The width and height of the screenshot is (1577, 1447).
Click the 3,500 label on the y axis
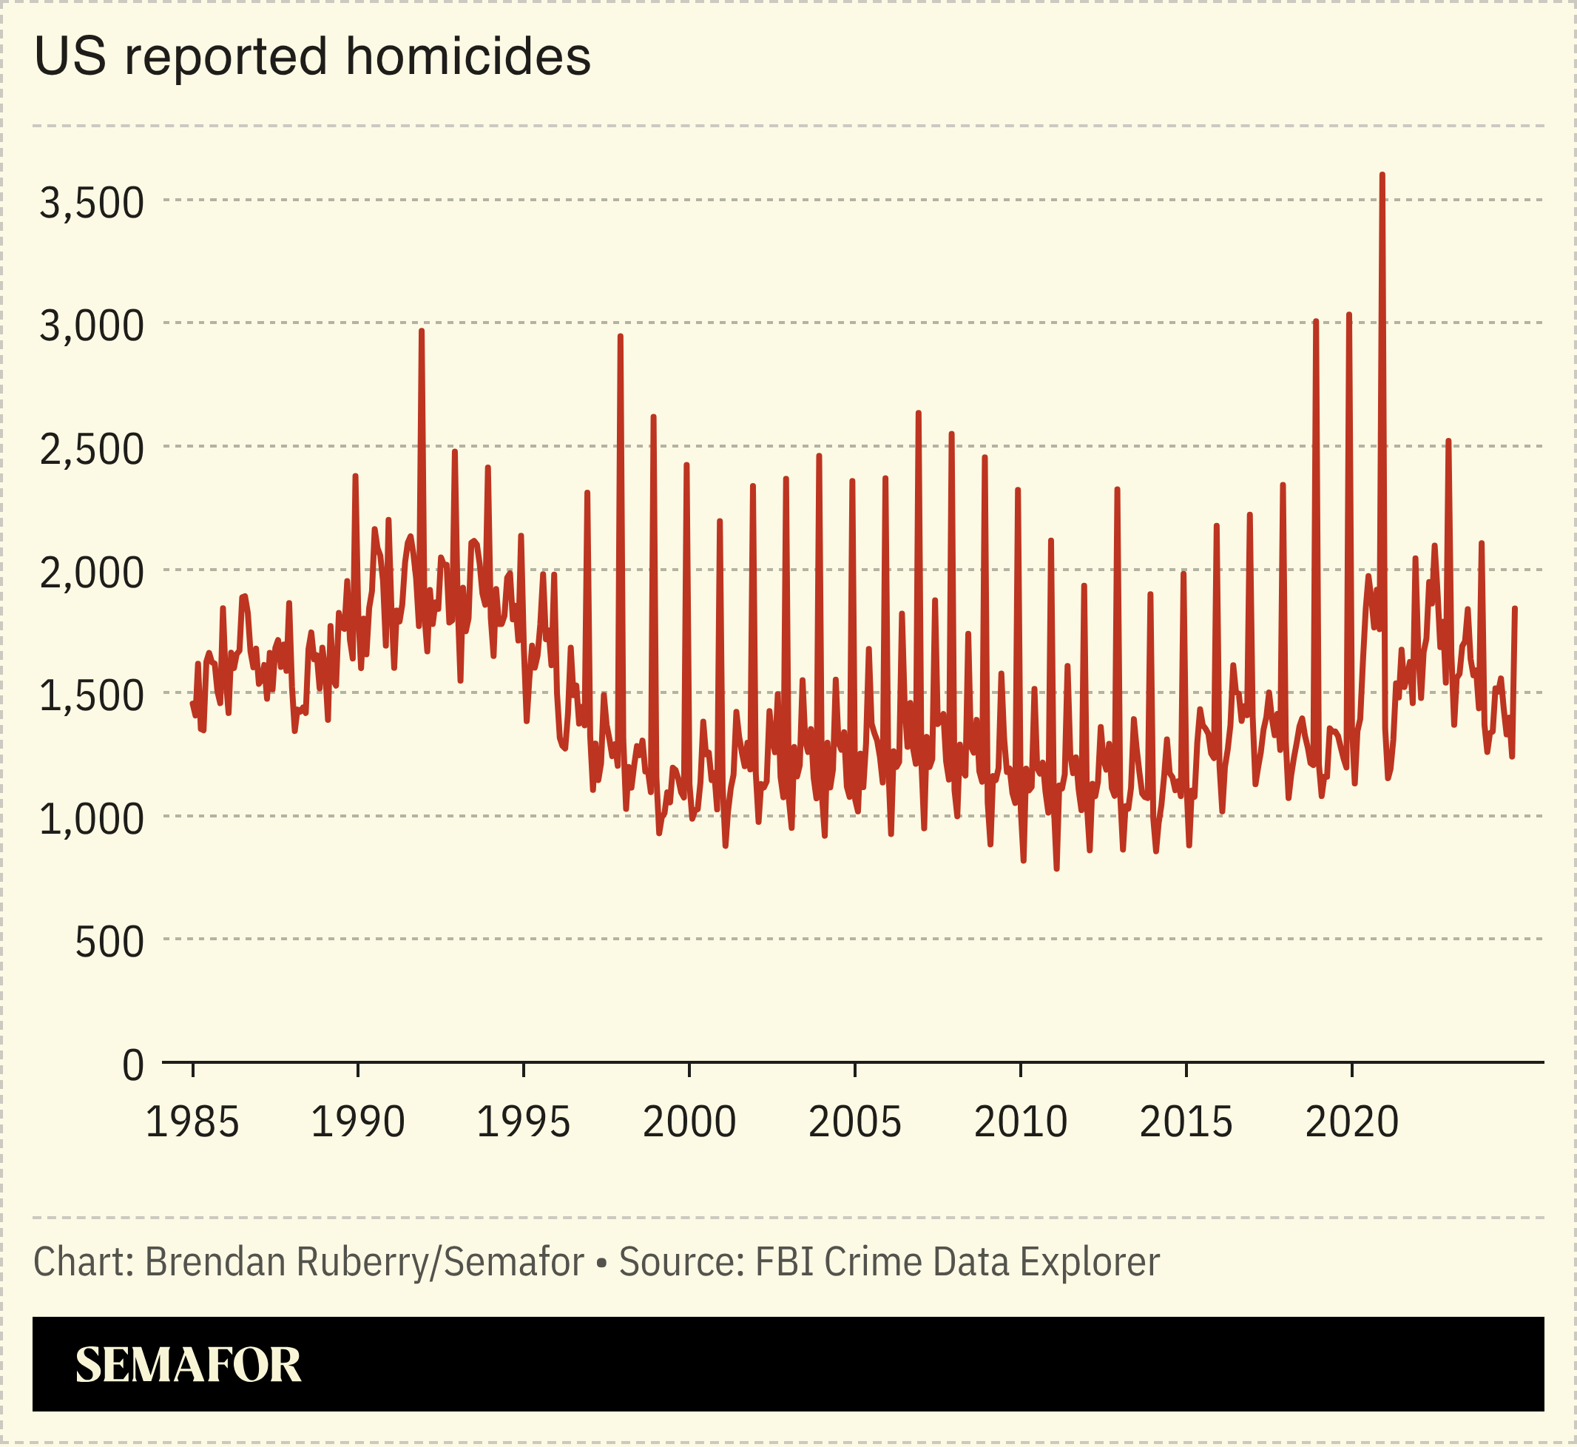(x=92, y=203)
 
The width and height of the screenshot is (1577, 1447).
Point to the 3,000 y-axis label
(x=92, y=326)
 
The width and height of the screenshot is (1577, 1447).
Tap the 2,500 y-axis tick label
(x=92, y=450)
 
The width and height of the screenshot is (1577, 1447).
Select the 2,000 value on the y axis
(x=92, y=573)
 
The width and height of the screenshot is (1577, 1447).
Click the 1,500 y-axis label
(x=92, y=695)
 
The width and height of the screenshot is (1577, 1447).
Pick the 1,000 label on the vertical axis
(x=92, y=819)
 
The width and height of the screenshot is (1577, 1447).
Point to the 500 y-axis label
(x=109, y=942)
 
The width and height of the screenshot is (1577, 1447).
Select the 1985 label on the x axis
(x=192, y=1122)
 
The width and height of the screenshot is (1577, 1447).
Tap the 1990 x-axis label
(x=358, y=1122)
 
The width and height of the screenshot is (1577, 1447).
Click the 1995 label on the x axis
(x=523, y=1122)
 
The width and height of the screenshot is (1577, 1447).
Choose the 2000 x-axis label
(x=689, y=1122)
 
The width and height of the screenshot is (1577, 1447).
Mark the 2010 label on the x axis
(x=1020, y=1122)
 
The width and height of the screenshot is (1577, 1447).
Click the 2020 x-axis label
(x=1351, y=1122)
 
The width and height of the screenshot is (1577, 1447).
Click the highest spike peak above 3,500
(x=1382, y=175)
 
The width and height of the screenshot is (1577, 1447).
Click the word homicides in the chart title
(x=468, y=57)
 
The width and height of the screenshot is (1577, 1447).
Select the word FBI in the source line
(x=784, y=1262)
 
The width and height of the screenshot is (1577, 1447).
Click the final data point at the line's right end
(x=1515, y=608)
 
